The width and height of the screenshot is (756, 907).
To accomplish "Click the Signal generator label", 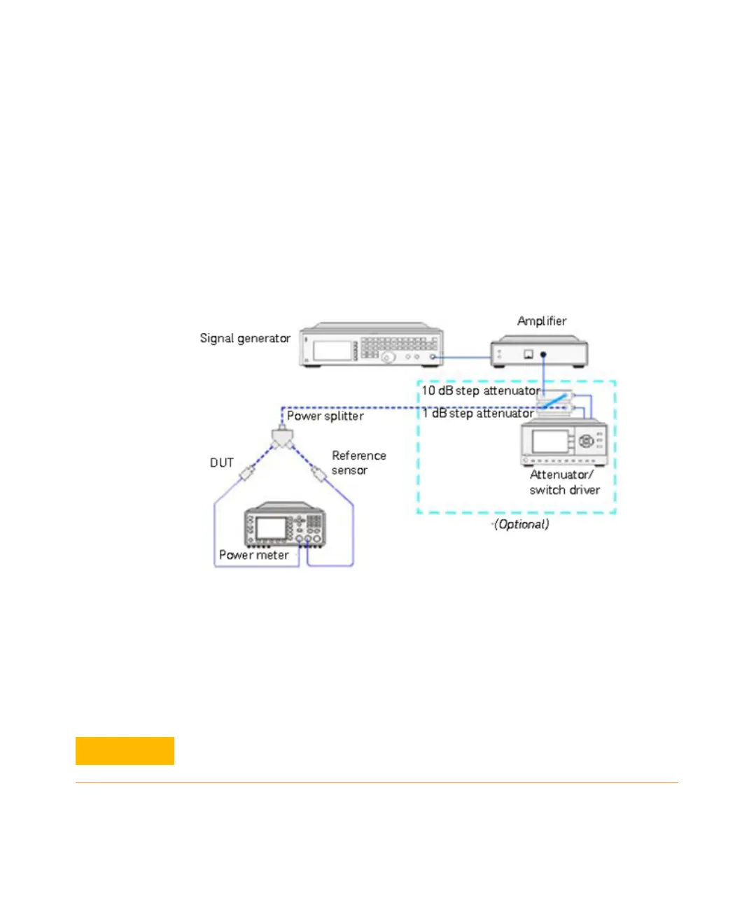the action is (245, 339).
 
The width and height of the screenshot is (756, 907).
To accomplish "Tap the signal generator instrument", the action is (371, 345).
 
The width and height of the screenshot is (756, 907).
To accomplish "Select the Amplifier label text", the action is (542, 321).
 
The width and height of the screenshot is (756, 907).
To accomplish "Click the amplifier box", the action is (538, 351).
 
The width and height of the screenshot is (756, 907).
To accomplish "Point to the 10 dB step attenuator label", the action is (480, 391).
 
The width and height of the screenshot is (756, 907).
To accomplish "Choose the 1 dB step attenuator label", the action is (477, 414).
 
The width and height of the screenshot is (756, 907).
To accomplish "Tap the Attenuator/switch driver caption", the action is (564, 482).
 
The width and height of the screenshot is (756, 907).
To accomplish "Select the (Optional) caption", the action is (521, 524).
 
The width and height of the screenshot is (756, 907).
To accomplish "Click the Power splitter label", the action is (325, 416).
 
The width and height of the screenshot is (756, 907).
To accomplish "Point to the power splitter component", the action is (282, 439).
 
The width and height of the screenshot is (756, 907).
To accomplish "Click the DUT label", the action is (222, 463).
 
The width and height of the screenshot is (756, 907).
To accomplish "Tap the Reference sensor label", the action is (358, 463).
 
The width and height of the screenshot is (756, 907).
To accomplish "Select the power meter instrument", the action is (284, 525).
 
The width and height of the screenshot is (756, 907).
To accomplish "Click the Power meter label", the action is (254, 555).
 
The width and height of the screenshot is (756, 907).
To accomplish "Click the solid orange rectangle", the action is (125, 751).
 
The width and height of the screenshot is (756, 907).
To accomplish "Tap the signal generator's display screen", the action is (332, 350).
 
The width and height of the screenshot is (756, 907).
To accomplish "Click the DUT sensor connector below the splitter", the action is (246, 474).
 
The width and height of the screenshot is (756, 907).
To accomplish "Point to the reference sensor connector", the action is (320, 474).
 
